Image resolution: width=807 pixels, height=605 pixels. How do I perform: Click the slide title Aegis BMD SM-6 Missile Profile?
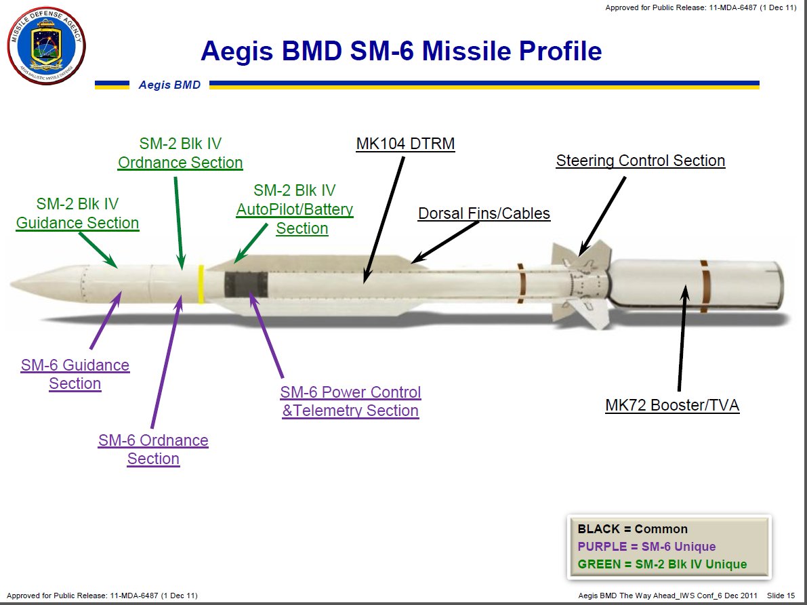[401, 51]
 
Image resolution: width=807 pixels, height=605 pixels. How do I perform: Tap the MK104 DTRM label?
[405, 144]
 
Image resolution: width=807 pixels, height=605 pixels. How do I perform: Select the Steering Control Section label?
[640, 161]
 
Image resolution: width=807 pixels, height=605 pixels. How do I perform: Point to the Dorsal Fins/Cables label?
[484, 214]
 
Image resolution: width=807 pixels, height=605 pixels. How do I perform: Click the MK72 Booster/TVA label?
[672, 406]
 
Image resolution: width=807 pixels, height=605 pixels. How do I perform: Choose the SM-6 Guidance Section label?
[75, 375]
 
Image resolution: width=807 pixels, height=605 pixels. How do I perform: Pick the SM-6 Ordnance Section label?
[153, 450]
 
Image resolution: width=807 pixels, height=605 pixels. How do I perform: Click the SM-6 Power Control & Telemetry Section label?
[350, 402]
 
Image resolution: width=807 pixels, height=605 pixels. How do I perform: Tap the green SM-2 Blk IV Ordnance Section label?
[180, 153]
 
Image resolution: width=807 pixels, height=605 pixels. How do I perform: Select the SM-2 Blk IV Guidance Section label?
[77, 213]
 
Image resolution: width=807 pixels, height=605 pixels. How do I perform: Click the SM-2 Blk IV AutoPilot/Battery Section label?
[295, 209]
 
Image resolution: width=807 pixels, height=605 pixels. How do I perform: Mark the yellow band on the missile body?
[201, 285]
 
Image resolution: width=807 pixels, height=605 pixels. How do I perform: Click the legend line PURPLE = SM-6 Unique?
[646, 547]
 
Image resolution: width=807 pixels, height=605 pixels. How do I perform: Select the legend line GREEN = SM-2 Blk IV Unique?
[662, 564]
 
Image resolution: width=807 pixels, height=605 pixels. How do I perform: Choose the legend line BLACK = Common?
[632, 529]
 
